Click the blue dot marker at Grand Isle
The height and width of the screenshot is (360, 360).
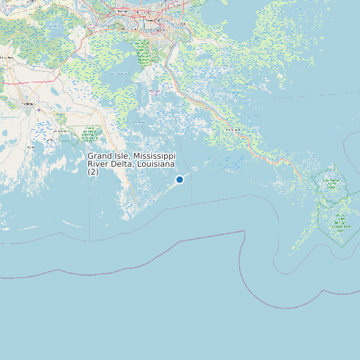[179, 179]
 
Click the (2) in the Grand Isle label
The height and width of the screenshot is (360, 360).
[93, 171]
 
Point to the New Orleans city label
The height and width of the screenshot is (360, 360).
[157, 21]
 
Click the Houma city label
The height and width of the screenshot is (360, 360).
[27, 104]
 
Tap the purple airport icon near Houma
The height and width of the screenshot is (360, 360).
[39, 110]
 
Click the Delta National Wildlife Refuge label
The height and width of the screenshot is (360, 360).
[331, 183]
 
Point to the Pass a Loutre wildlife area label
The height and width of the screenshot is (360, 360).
[341, 223]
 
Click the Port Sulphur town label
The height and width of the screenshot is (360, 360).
[230, 130]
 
